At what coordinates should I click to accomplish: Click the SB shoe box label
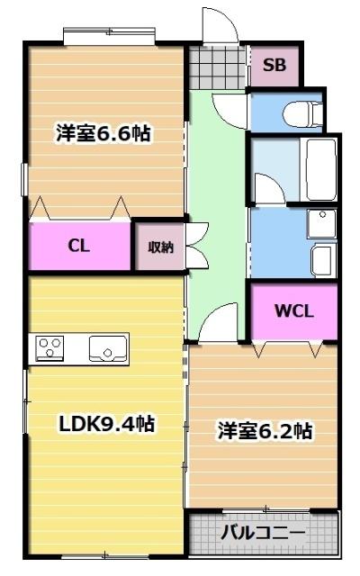(x=274, y=64)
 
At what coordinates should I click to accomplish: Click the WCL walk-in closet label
(x=293, y=311)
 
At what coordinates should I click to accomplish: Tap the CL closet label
(x=79, y=246)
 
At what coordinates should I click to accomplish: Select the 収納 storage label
(x=159, y=246)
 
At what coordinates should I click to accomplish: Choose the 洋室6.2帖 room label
(x=265, y=431)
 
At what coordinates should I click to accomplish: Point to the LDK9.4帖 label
(x=106, y=424)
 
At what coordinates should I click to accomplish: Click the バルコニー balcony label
(x=263, y=532)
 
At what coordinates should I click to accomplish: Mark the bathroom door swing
(x=268, y=190)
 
